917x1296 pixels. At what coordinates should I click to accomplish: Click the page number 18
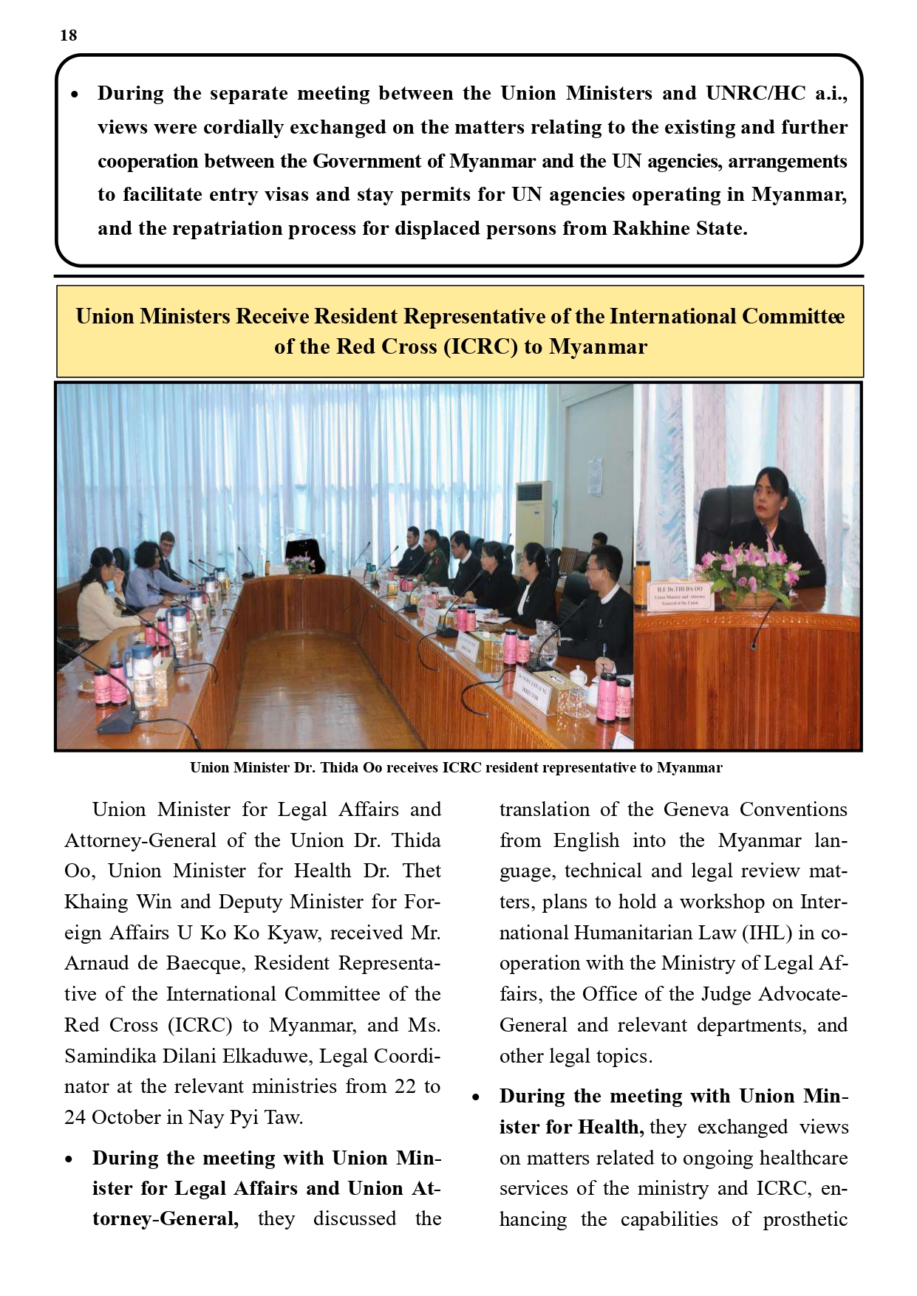68,35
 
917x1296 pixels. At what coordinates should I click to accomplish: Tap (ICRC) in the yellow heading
480,346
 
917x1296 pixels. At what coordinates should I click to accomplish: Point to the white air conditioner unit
534,518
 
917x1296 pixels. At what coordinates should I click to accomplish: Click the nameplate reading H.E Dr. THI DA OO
678,595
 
